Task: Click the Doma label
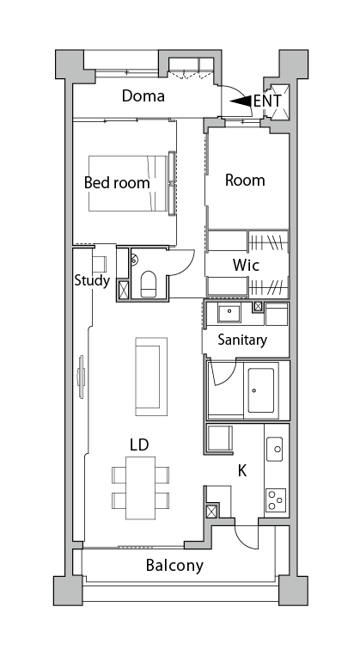tap(143, 95)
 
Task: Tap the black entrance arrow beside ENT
tap(241, 101)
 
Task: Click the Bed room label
tap(116, 182)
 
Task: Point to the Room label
tap(244, 181)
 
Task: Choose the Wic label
tap(247, 263)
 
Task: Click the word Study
tap(92, 280)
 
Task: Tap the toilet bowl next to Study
tap(147, 284)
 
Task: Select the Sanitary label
tap(242, 340)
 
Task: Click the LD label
tap(139, 444)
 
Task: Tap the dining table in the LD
tap(140, 487)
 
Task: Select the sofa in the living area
tap(150, 373)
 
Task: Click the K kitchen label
tap(242, 470)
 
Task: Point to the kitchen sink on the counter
tap(275, 448)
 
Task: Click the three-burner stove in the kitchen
tap(275, 500)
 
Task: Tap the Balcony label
tap(174, 565)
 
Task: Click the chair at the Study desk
tap(100, 263)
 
